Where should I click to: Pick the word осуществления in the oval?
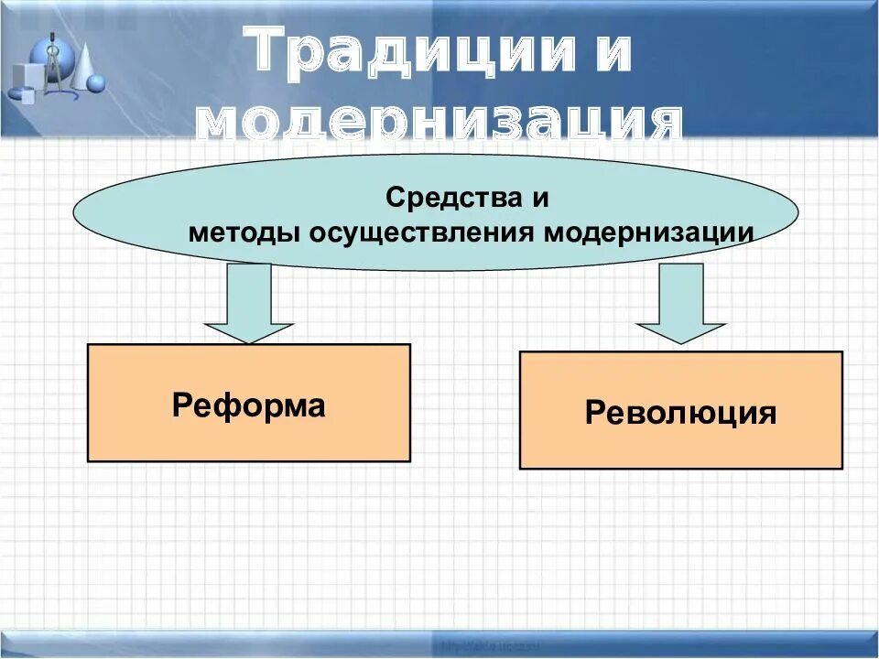click(421, 232)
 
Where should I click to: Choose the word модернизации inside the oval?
click(649, 232)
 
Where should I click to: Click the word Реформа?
click(248, 405)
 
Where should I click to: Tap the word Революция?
click(680, 413)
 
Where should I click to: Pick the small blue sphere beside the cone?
click(95, 84)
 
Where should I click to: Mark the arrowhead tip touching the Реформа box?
click(248, 342)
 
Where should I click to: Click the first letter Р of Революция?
click(595, 414)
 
